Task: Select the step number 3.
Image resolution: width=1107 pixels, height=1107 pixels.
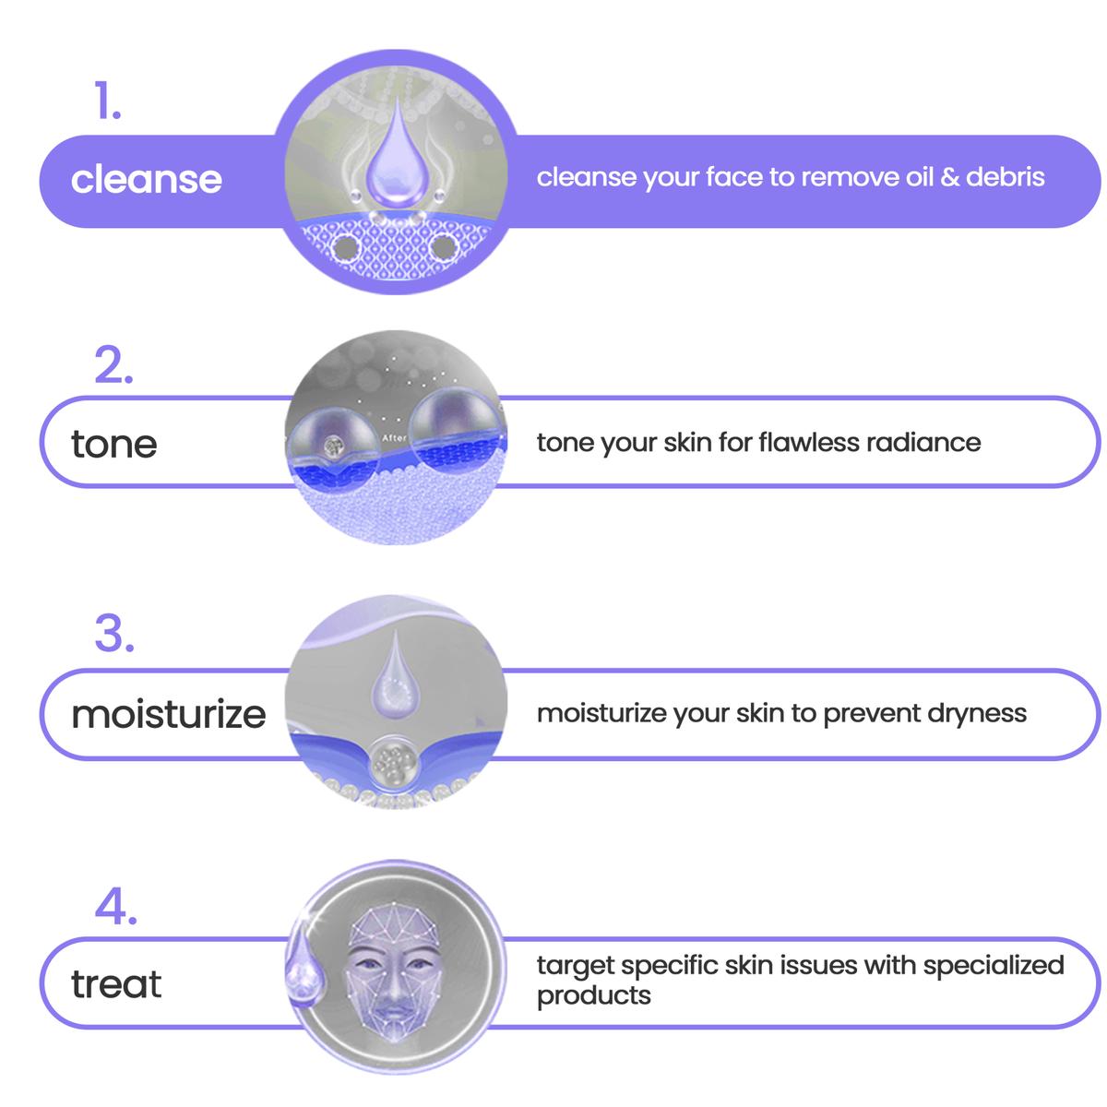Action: pyautogui.click(x=113, y=633)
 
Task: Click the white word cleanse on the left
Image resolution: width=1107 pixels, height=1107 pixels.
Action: pyautogui.click(x=146, y=179)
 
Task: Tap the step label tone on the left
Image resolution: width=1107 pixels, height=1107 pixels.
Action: pyautogui.click(x=113, y=444)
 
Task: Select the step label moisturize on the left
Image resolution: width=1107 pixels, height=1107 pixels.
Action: pyautogui.click(x=168, y=714)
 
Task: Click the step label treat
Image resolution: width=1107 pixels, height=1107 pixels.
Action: pyautogui.click(x=116, y=983)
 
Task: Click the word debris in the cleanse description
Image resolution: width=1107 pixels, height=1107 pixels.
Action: pyautogui.click(x=1005, y=177)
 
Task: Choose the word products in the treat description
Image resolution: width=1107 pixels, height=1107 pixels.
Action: pyautogui.click(x=593, y=996)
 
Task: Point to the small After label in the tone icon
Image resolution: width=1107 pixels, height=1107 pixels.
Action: pyautogui.click(x=394, y=438)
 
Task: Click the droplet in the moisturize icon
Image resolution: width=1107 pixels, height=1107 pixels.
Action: pyautogui.click(x=395, y=675)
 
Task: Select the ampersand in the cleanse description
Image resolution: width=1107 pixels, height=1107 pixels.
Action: pyautogui.click(x=949, y=177)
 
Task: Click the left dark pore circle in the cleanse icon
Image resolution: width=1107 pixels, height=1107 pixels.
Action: pyautogui.click(x=345, y=248)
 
